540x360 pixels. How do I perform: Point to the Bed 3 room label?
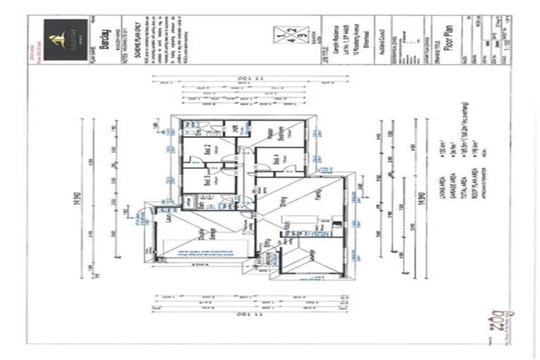(x=208, y=180)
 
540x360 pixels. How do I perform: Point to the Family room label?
(x=317, y=192)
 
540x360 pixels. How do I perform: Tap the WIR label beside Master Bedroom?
(x=236, y=130)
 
